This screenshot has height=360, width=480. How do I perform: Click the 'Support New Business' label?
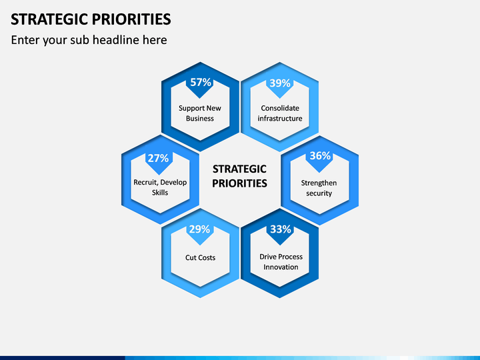pos(200,113)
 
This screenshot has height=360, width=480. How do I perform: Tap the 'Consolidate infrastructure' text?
pos(280,113)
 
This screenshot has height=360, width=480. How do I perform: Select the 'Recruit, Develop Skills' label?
pos(160,187)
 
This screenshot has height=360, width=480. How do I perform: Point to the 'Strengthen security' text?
pos(319,188)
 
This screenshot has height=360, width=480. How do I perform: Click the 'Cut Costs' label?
pos(200,257)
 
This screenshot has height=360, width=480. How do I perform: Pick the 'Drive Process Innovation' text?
pos(281,262)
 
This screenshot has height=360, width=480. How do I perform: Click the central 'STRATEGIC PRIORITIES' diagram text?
pos(240,176)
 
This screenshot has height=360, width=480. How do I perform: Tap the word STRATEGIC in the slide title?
pos(49,19)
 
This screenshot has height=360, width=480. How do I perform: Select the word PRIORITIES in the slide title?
pos(131,19)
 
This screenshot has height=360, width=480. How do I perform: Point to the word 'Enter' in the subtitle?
pos(25,40)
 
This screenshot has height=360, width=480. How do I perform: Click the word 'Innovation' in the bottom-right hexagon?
pos(281,267)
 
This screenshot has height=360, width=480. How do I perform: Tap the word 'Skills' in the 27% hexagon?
pos(160,193)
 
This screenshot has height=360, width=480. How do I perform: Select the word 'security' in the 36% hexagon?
pos(319,193)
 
